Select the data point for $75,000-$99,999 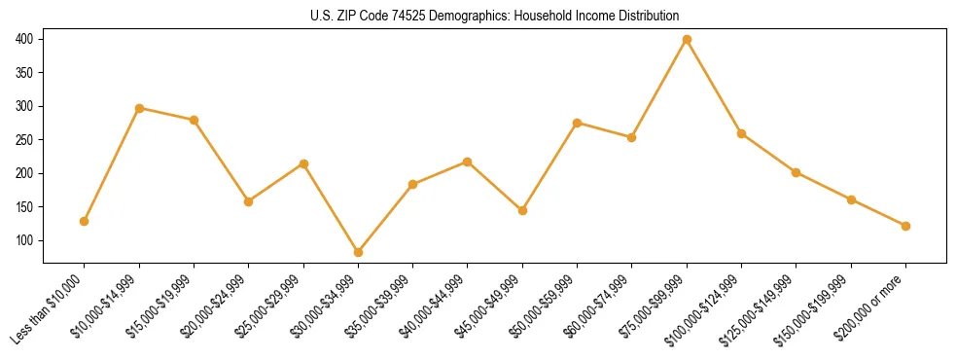pos(687,40)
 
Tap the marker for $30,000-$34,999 pos(358,252)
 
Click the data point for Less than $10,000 pos(85,221)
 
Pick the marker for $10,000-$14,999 pos(139,108)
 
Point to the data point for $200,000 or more pos(905,226)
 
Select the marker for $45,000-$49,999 pos(522,210)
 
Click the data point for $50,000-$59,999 pos(578,123)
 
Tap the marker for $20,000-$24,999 pos(249,201)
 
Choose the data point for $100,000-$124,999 pos(742,133)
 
